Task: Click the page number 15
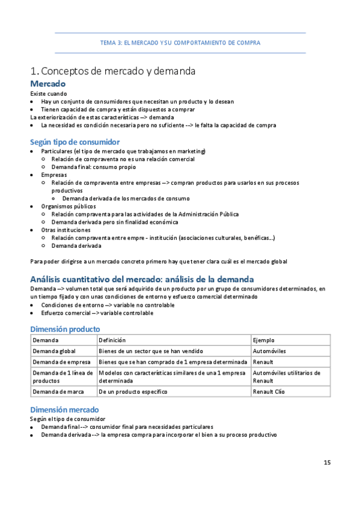click(327, 462)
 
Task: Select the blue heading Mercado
click(47, 84)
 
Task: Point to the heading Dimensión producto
click(65, 329)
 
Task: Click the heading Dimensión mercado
click(64, 409)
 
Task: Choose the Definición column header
click(112, 340)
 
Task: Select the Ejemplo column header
click(264, 340)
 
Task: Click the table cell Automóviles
click(270, 351)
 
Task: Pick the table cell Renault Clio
click(269, 392)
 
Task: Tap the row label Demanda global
click(54, 351)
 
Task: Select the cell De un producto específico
click(133, 392)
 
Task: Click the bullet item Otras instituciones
click(66, 230)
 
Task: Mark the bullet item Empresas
click(54, 174)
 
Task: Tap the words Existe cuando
click(49, 94)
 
